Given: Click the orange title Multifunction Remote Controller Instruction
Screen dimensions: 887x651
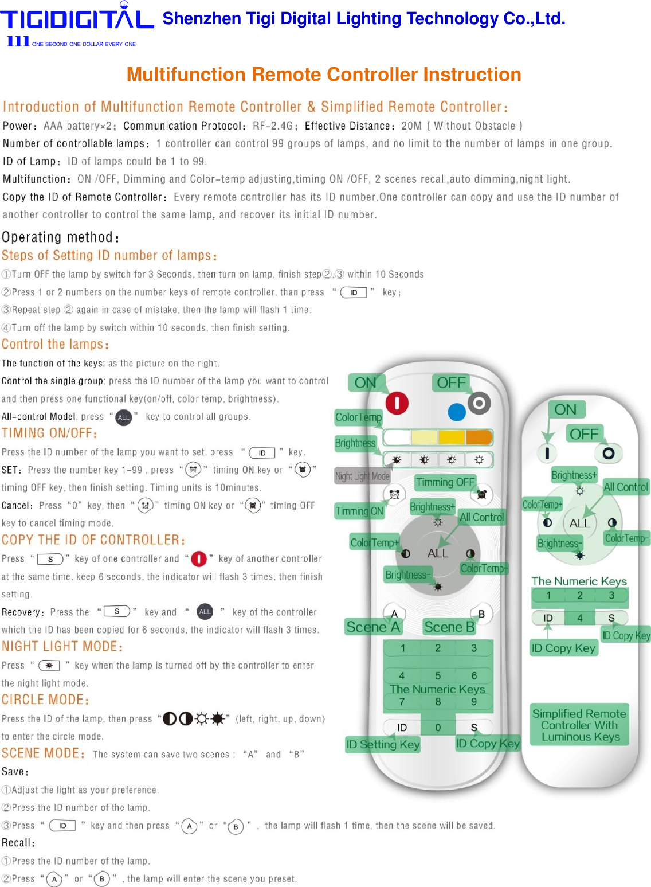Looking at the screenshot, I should (x=324, y=75).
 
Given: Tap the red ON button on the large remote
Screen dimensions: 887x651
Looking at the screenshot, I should (x=397, y=403).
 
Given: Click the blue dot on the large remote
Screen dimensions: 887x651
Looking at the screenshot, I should (x=457, y=412).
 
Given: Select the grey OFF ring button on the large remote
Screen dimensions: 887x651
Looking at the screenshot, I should (x=479, y=404).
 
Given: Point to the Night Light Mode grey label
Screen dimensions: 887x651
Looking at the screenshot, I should (x=362, y=476).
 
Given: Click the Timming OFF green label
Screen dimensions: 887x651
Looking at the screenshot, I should (x=445, y=482).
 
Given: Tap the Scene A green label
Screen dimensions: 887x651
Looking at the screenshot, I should (x=373, y=627).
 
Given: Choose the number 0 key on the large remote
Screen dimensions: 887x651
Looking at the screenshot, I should (x=438, y=728).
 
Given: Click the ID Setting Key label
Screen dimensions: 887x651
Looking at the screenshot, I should (x=383, y=744).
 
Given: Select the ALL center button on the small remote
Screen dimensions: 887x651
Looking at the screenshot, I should (x=579, y=523).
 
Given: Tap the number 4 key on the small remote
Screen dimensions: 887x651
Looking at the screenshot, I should (x=579, y=618).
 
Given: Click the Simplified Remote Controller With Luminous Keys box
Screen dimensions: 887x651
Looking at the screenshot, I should (x=579, y=725).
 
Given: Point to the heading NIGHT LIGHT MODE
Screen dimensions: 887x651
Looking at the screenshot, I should (x=62, y=647).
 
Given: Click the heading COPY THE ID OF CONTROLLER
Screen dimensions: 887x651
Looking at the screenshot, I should (x=93, y=540).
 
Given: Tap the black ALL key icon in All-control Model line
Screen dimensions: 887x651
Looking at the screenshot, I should (x=124, y=417).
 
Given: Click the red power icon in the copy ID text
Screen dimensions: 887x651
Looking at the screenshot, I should (x=198, y=559).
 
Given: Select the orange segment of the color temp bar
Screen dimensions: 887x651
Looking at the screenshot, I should (x=479, y=437).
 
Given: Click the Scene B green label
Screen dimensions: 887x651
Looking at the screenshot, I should (x=449, y=627).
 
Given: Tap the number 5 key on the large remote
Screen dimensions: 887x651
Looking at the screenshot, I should (x=438, y=675).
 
